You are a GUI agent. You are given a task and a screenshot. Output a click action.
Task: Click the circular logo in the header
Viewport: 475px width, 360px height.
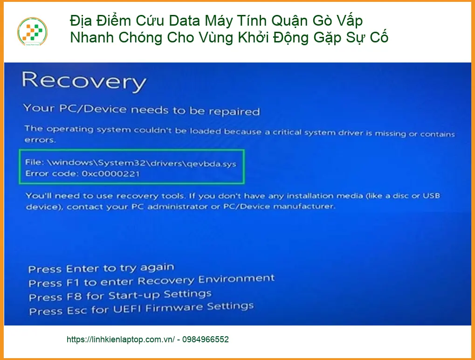coord(33,32)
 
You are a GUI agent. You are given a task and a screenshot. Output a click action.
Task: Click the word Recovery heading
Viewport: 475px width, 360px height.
coord(84,81)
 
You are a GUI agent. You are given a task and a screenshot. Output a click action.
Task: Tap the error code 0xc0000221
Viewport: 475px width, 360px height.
coord(110,173)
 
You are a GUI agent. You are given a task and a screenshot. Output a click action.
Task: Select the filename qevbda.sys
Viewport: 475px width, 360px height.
coord(211,164)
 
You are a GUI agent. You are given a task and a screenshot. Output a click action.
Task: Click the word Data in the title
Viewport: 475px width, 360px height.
coord(185,21)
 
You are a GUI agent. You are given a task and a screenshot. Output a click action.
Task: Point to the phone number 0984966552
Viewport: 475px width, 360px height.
coord(206,339)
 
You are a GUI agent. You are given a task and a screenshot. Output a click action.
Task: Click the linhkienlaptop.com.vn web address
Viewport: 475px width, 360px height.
coord(121,339)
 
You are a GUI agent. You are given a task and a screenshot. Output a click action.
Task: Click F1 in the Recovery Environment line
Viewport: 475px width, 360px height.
coord(73,283)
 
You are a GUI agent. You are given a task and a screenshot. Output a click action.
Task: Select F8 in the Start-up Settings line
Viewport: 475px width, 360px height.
coord(74,297)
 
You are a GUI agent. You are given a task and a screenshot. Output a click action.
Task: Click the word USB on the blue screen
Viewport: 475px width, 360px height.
coord(431,195)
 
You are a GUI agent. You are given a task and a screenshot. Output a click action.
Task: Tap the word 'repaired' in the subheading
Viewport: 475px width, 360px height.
coord(234,111)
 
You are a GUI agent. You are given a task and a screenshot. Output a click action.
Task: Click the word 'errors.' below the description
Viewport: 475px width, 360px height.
coord(40,140)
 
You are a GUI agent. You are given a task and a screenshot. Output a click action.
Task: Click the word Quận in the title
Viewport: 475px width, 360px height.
coord(290,21)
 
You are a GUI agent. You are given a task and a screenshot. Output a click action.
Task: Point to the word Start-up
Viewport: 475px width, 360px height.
coord(134,296)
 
